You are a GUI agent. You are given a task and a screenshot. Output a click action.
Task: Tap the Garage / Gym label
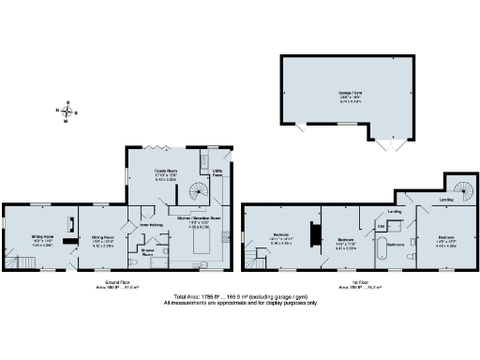(x=349, y=92)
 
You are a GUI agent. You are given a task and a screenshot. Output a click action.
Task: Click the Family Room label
(x=167, y=173)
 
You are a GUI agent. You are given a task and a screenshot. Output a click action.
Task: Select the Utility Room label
(x=217, y=173)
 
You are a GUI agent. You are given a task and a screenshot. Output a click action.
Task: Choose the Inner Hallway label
(x=152, y=225)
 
